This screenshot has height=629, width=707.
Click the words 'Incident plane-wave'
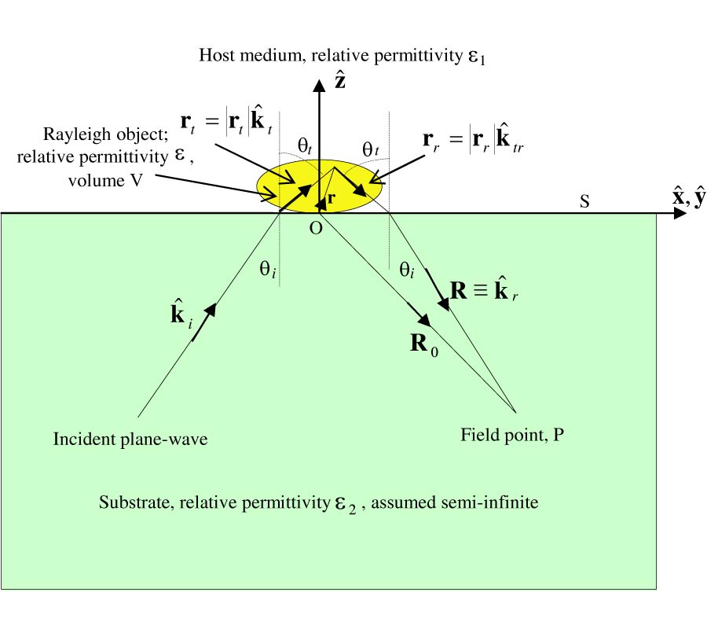(x=130, y=439)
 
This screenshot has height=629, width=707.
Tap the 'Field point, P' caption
(x=512, y=434)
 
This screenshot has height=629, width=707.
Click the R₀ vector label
(x=424, y=345)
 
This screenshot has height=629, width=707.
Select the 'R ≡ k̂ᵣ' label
(x=485, y=292)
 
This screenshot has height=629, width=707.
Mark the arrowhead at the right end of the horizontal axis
(x=677, y=213)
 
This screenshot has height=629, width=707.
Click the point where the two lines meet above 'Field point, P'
(x=515, y=411)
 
